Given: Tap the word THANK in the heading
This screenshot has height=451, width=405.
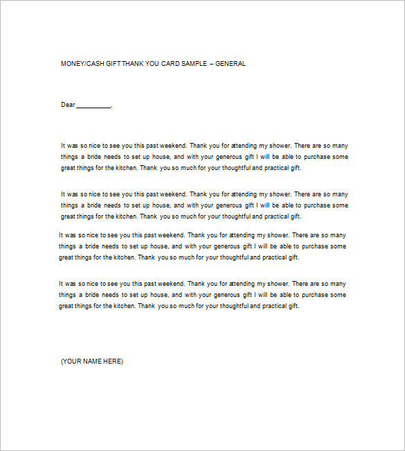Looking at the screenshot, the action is (132, 64).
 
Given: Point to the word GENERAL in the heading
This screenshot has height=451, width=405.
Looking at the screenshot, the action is (231, 64).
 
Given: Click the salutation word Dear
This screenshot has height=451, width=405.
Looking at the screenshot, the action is (67, 105).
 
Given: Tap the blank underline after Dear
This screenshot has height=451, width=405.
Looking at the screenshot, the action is (93, 106).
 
